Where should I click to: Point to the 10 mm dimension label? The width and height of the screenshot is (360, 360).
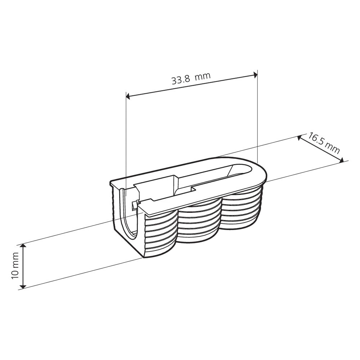15,266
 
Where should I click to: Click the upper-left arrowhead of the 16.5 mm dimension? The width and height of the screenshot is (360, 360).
300,138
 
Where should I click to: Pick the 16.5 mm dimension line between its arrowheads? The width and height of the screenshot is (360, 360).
320,149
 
